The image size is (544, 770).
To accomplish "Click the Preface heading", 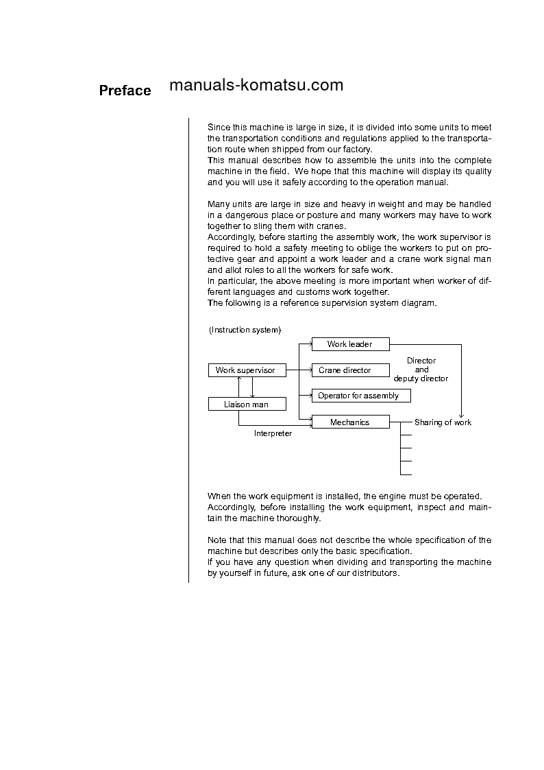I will tap(125, 91).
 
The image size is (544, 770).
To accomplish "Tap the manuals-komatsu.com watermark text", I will tap(256, 85).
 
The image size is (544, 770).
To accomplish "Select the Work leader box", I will tap(350, 344).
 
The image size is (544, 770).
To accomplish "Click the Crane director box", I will tap(345, 370).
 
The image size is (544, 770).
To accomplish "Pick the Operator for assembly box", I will tap(358, 396).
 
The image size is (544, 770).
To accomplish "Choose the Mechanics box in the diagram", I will tap(349, 422).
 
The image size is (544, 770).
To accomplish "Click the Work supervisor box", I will tap(245, 370).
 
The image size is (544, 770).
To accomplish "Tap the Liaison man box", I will tap(246, 405).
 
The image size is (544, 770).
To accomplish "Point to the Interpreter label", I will tap(273, 433).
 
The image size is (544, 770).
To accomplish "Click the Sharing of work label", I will tap(443, 422).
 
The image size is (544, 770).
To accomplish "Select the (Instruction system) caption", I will tap(245, 330).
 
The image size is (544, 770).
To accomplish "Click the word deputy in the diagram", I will tap(407, 378).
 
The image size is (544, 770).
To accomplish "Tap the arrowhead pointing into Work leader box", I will tap(309, 344).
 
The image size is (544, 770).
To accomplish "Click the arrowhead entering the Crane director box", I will tap(309, 370).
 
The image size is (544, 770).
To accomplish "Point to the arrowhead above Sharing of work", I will tap(461, 415).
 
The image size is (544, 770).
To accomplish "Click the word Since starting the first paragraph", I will tap(219, 127).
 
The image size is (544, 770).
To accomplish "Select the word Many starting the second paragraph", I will tap(219, 204).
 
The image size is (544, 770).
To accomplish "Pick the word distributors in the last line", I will tap(375, 573).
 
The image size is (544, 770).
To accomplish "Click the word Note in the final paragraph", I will tap(217, 540).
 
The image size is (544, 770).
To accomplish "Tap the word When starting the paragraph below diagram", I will tap(219, 496).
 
